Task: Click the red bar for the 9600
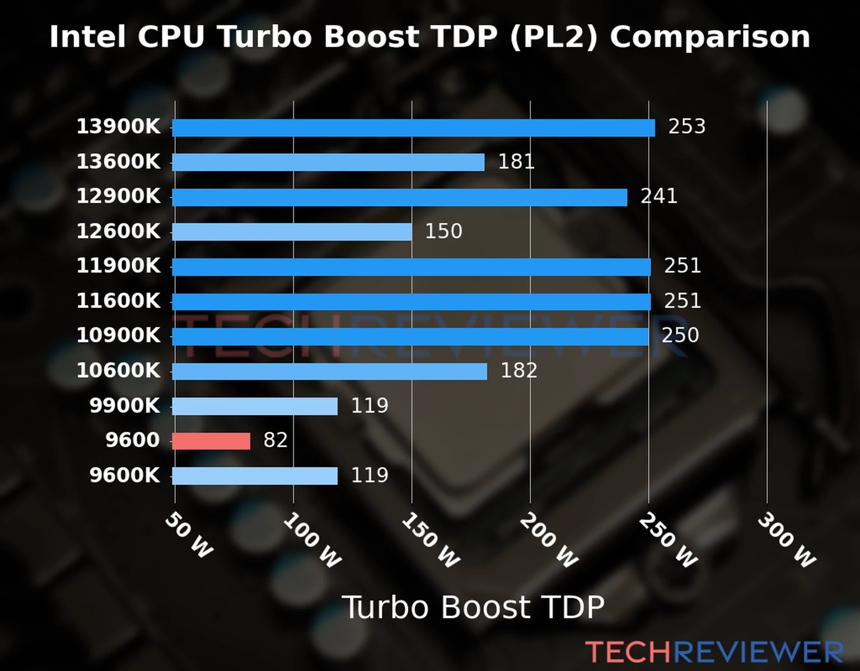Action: click(211, 441)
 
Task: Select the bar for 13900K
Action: click(413, 128)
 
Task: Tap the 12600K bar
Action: click(292, 232)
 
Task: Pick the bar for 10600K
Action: click(329, 371)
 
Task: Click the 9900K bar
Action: click(255, 407)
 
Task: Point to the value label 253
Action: click(686, 127)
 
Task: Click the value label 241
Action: click(658, 196)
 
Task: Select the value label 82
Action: click(275, 441)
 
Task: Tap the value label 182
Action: click(518, 371)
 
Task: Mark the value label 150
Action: click(443, 231)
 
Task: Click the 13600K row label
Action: click(118, 162)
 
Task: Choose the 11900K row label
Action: click(118, 266)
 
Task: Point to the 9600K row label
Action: click(124, 476)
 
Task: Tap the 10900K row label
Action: click(118, 335)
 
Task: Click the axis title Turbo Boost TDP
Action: click(473, 607)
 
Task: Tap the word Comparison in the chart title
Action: click(710, 37)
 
